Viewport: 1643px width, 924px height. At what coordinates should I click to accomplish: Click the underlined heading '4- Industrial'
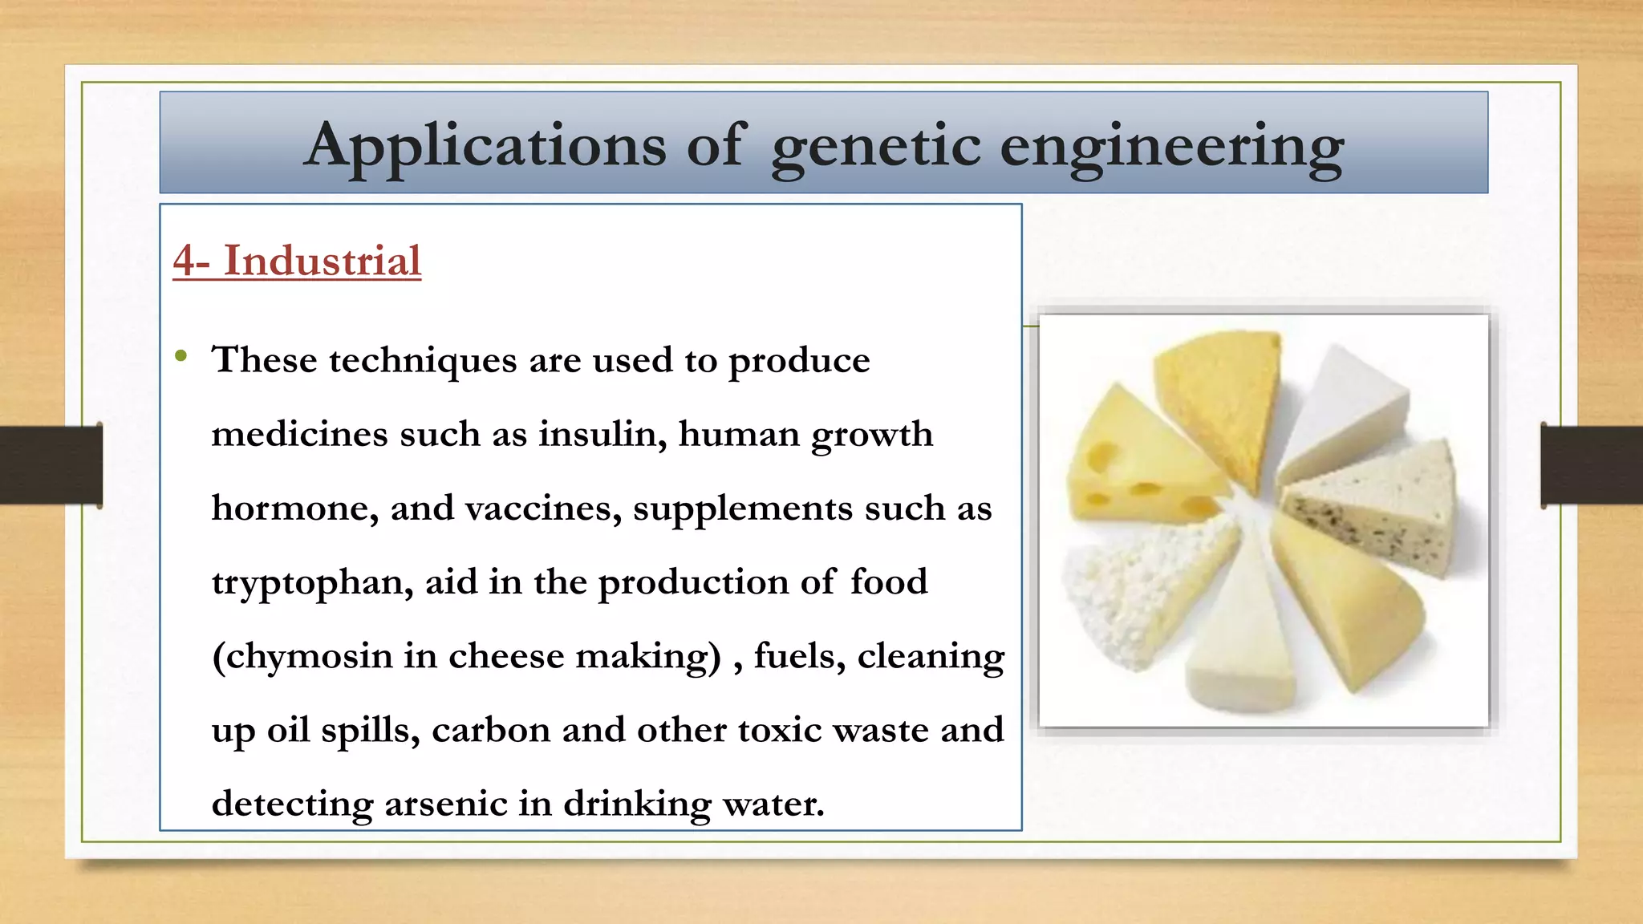(x=297, y=261)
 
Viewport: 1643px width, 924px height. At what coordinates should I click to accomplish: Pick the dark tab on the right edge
(x=1592, y=465)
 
